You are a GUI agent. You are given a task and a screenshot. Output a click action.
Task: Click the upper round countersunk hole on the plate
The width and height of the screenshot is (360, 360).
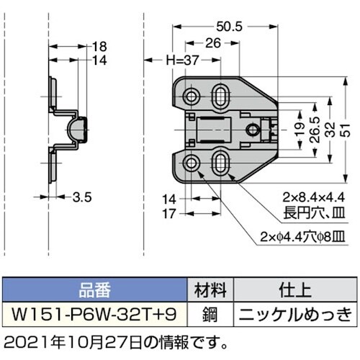click(x=192, y=96)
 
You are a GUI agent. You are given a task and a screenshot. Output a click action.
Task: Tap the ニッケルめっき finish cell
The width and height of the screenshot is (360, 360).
click(x=295, y=313)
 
